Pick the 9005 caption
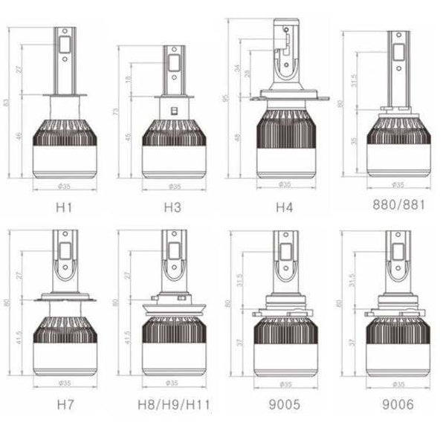[284, 406]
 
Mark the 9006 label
[397, 406]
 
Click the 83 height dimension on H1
[8, 102]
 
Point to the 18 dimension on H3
[128, 80]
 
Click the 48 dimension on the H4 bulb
[239, 137]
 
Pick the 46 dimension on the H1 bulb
[18, 136]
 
